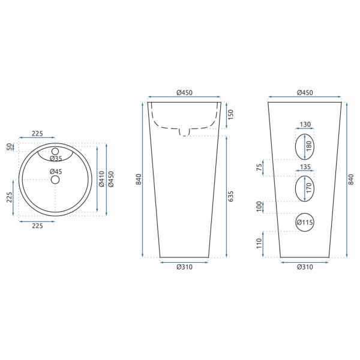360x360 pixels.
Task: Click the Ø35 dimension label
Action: [x=56, y=158]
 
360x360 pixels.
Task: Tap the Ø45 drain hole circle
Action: [x=55, y=180]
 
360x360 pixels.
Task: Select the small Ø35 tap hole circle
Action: [x=55, y=151]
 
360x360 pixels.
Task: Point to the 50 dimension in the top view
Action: [x=9, y=147]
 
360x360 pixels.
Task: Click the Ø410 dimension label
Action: [x=101, y=179]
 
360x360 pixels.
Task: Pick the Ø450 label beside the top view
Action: [x=111, y=179]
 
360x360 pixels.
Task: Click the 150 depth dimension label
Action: [x=230, y=115]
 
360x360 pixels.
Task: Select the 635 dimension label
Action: [x=230, y=196]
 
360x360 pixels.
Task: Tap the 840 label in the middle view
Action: [x=139, y=179]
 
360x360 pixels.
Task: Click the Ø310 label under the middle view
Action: [x=185, y=267]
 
